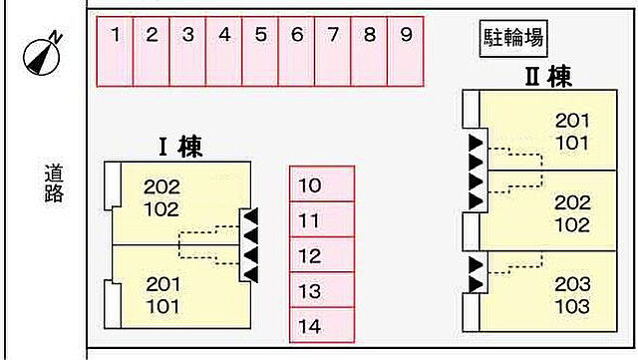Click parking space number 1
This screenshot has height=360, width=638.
pos(115,52)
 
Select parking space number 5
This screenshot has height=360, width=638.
pos(260,52)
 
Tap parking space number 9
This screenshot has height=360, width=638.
pos(406,52)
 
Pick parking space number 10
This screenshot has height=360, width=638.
pos(322,184)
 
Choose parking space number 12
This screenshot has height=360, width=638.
pos(322,254)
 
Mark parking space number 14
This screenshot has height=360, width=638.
pos(322,325)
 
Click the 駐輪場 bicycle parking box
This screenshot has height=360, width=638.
pos(513,38)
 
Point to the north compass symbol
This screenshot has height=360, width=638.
pos(43,54)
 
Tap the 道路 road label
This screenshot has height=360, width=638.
pos(54,182)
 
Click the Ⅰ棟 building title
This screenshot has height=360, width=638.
pos(180,147)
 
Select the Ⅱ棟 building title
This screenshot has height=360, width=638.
pos(548,77)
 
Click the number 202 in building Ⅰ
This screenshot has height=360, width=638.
pos(161,187)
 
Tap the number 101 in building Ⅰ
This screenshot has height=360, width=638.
pos(162,307)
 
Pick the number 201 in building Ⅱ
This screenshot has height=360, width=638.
pos(572,121)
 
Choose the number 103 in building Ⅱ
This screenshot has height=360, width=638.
pos(572,306)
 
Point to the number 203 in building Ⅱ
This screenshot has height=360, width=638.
pos(572,284)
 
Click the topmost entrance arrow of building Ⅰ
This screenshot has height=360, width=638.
pos(250,216)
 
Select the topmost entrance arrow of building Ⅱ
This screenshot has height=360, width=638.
pos(477,143)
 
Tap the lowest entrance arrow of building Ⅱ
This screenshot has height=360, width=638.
pos(477,284)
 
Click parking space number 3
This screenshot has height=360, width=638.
pos(187,52)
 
